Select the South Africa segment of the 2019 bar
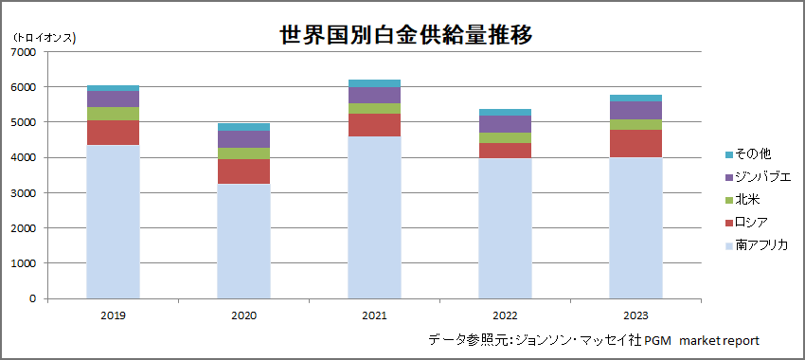113,222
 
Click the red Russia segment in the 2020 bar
243,171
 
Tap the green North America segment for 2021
374,108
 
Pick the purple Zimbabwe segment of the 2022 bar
504,124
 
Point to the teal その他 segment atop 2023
635,98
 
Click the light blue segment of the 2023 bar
635,227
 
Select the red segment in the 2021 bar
374,125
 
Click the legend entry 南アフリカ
758,245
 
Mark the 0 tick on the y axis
33,298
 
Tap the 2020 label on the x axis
243,314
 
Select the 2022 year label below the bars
504,314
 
